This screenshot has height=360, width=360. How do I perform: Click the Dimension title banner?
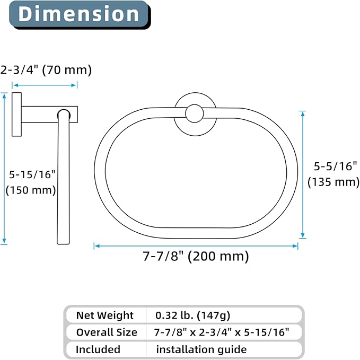(x=80, y=15)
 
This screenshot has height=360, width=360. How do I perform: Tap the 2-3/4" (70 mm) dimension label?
(x=46, y=70)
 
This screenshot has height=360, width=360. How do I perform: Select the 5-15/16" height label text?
(x=32, y=174)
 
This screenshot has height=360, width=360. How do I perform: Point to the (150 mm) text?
(x=31, y=190)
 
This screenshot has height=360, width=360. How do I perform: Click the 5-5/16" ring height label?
(x=336, y=166)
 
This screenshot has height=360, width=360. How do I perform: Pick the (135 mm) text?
(x=333, y=182)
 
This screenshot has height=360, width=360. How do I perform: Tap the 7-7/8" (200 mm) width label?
(x=196, y=256)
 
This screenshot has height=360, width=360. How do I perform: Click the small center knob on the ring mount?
(x=195, y=113)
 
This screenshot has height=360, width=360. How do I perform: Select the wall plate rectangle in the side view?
(x=17, y=115)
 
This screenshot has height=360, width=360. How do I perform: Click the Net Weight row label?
(x=104, y=315)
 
